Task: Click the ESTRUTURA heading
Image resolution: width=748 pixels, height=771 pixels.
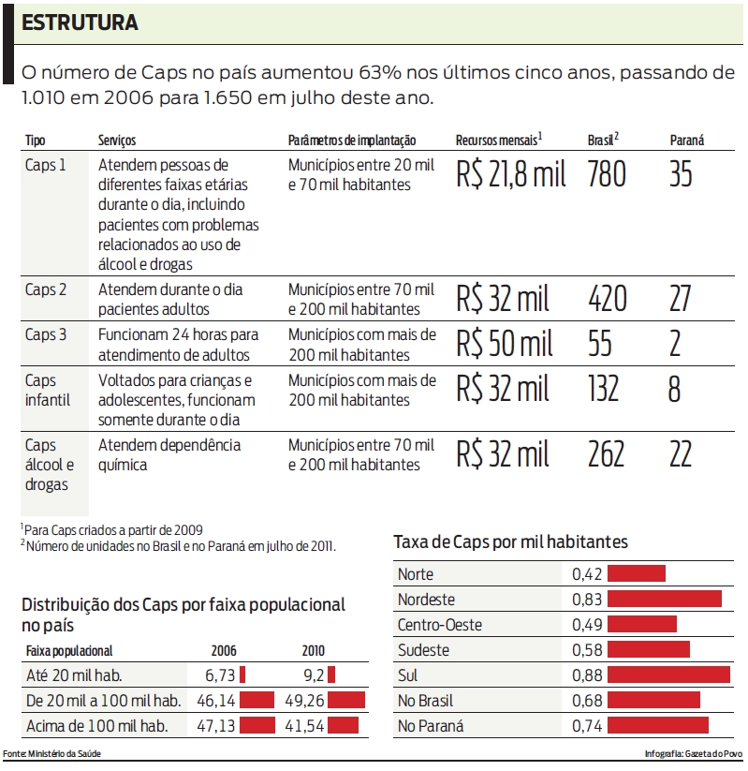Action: point(81,24)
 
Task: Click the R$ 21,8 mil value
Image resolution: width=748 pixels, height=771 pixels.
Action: point(511,174)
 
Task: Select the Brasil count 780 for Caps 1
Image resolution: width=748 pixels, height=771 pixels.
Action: point(607,174)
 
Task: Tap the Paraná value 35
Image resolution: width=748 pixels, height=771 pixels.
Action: point(681,174)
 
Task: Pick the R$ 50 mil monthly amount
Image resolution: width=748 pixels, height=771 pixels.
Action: point(504,344)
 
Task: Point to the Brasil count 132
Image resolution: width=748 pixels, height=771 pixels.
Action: point(604,389)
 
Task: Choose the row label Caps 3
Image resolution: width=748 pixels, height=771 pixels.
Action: point(47,334)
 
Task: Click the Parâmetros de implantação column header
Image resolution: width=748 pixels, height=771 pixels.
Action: point(351,141)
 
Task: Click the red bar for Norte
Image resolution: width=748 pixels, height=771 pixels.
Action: point(637,573)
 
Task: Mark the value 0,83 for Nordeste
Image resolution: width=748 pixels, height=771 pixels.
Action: point(588,599)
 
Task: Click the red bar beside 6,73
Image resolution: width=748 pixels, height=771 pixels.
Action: point(242,674)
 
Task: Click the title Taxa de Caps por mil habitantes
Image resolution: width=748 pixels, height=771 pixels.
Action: point(510,542)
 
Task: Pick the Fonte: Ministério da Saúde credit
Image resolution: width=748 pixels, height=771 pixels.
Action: point(52,754)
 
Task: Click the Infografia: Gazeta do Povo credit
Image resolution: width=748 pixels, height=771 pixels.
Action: point(693,754)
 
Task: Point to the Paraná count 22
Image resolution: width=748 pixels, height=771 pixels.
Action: point(681,454)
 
